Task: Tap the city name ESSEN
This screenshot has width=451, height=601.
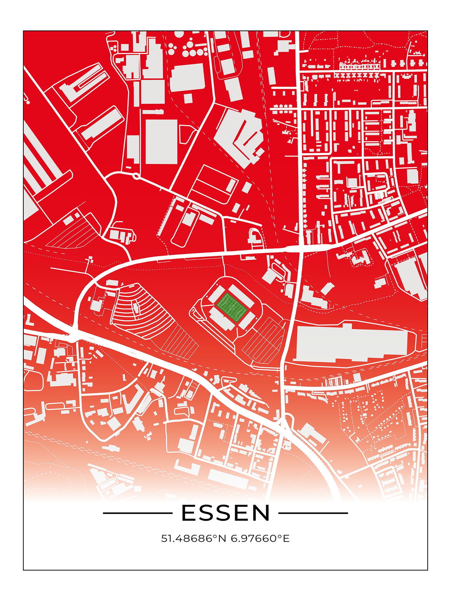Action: [x=226, y=513]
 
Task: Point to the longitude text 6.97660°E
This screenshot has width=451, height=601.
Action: [x=260, y=538]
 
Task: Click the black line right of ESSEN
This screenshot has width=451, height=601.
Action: [x=313, y=513]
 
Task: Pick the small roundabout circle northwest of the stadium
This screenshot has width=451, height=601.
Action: [x=136, y=176]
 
